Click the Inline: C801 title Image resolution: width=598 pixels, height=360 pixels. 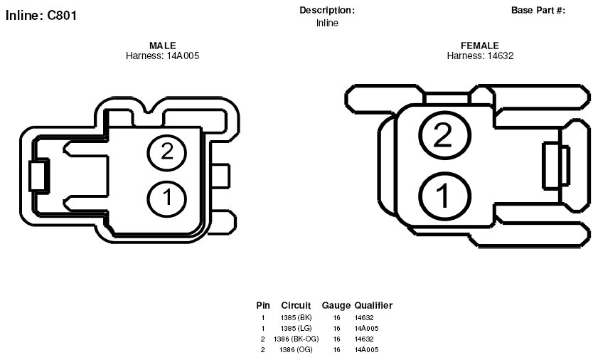[41, 15]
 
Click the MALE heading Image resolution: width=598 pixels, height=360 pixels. [163, 46]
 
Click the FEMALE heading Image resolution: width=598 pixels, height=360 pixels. [480, 46]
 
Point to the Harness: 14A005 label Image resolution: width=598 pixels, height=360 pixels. [162, 55]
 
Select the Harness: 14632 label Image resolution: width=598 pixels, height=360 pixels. [480, 55]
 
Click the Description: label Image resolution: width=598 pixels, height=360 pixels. [327, 10]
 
